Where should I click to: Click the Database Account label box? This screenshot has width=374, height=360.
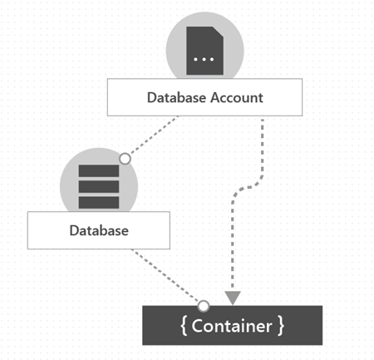204,98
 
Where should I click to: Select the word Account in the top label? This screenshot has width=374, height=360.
235,98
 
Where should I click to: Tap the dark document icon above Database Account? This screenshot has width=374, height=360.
204,50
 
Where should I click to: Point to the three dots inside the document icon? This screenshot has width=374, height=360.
204,60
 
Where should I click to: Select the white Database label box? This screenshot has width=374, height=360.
98,230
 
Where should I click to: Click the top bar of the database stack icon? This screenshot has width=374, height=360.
98,171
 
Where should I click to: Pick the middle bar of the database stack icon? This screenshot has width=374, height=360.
98,186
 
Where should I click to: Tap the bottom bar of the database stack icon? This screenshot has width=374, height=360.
98,201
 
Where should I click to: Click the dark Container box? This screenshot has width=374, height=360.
232,326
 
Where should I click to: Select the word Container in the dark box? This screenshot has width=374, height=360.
232,326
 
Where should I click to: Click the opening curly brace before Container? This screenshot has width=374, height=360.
184,326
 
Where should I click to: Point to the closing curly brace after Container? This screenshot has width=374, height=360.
281,326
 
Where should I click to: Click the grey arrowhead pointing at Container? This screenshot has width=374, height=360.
233,297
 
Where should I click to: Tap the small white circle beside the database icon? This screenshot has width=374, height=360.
125,158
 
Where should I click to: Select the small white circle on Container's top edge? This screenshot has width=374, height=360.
203,306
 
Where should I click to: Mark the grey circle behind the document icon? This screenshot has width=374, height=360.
176,42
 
